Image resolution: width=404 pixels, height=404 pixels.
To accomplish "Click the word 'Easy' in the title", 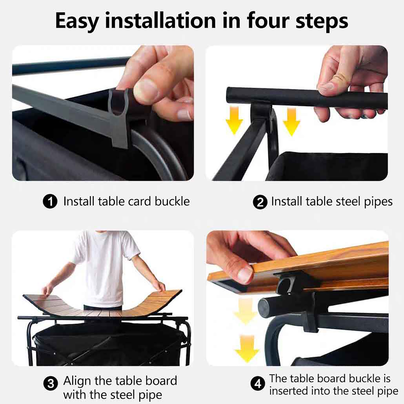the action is (x=77, y=21).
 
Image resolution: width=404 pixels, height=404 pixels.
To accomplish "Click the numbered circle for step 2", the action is (x=260, y=202).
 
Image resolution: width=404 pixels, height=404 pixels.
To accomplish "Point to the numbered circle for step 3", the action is (x=51, y=384).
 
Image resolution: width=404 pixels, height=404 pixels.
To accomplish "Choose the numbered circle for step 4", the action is (x=258, y=384).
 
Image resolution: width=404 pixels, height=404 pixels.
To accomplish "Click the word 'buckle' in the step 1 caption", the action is (x=172, y=201).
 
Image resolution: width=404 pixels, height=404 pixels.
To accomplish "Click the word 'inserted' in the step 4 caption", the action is (x=289, y=391).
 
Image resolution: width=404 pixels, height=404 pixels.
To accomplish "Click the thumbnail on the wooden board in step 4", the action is (x=244, y=275).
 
